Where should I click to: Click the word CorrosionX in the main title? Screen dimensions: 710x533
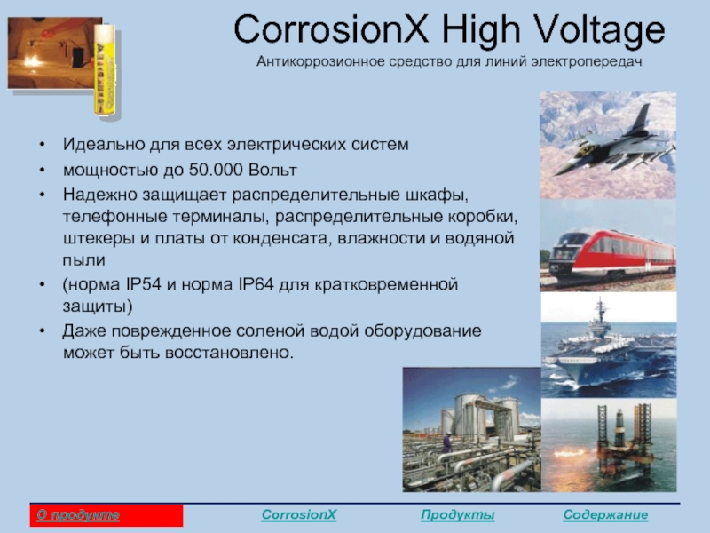click(331, 29)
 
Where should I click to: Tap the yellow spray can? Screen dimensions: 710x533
click(105, 70)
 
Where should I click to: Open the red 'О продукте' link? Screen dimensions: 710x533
click(78, 515)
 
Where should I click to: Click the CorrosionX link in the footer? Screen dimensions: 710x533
click(299, 515)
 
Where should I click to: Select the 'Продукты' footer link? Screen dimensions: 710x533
click(457, 515)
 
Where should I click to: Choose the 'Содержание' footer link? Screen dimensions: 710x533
click(605, 515)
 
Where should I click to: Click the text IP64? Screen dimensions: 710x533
click(256, 284)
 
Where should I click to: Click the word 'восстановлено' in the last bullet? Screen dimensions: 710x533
click(229, 353)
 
